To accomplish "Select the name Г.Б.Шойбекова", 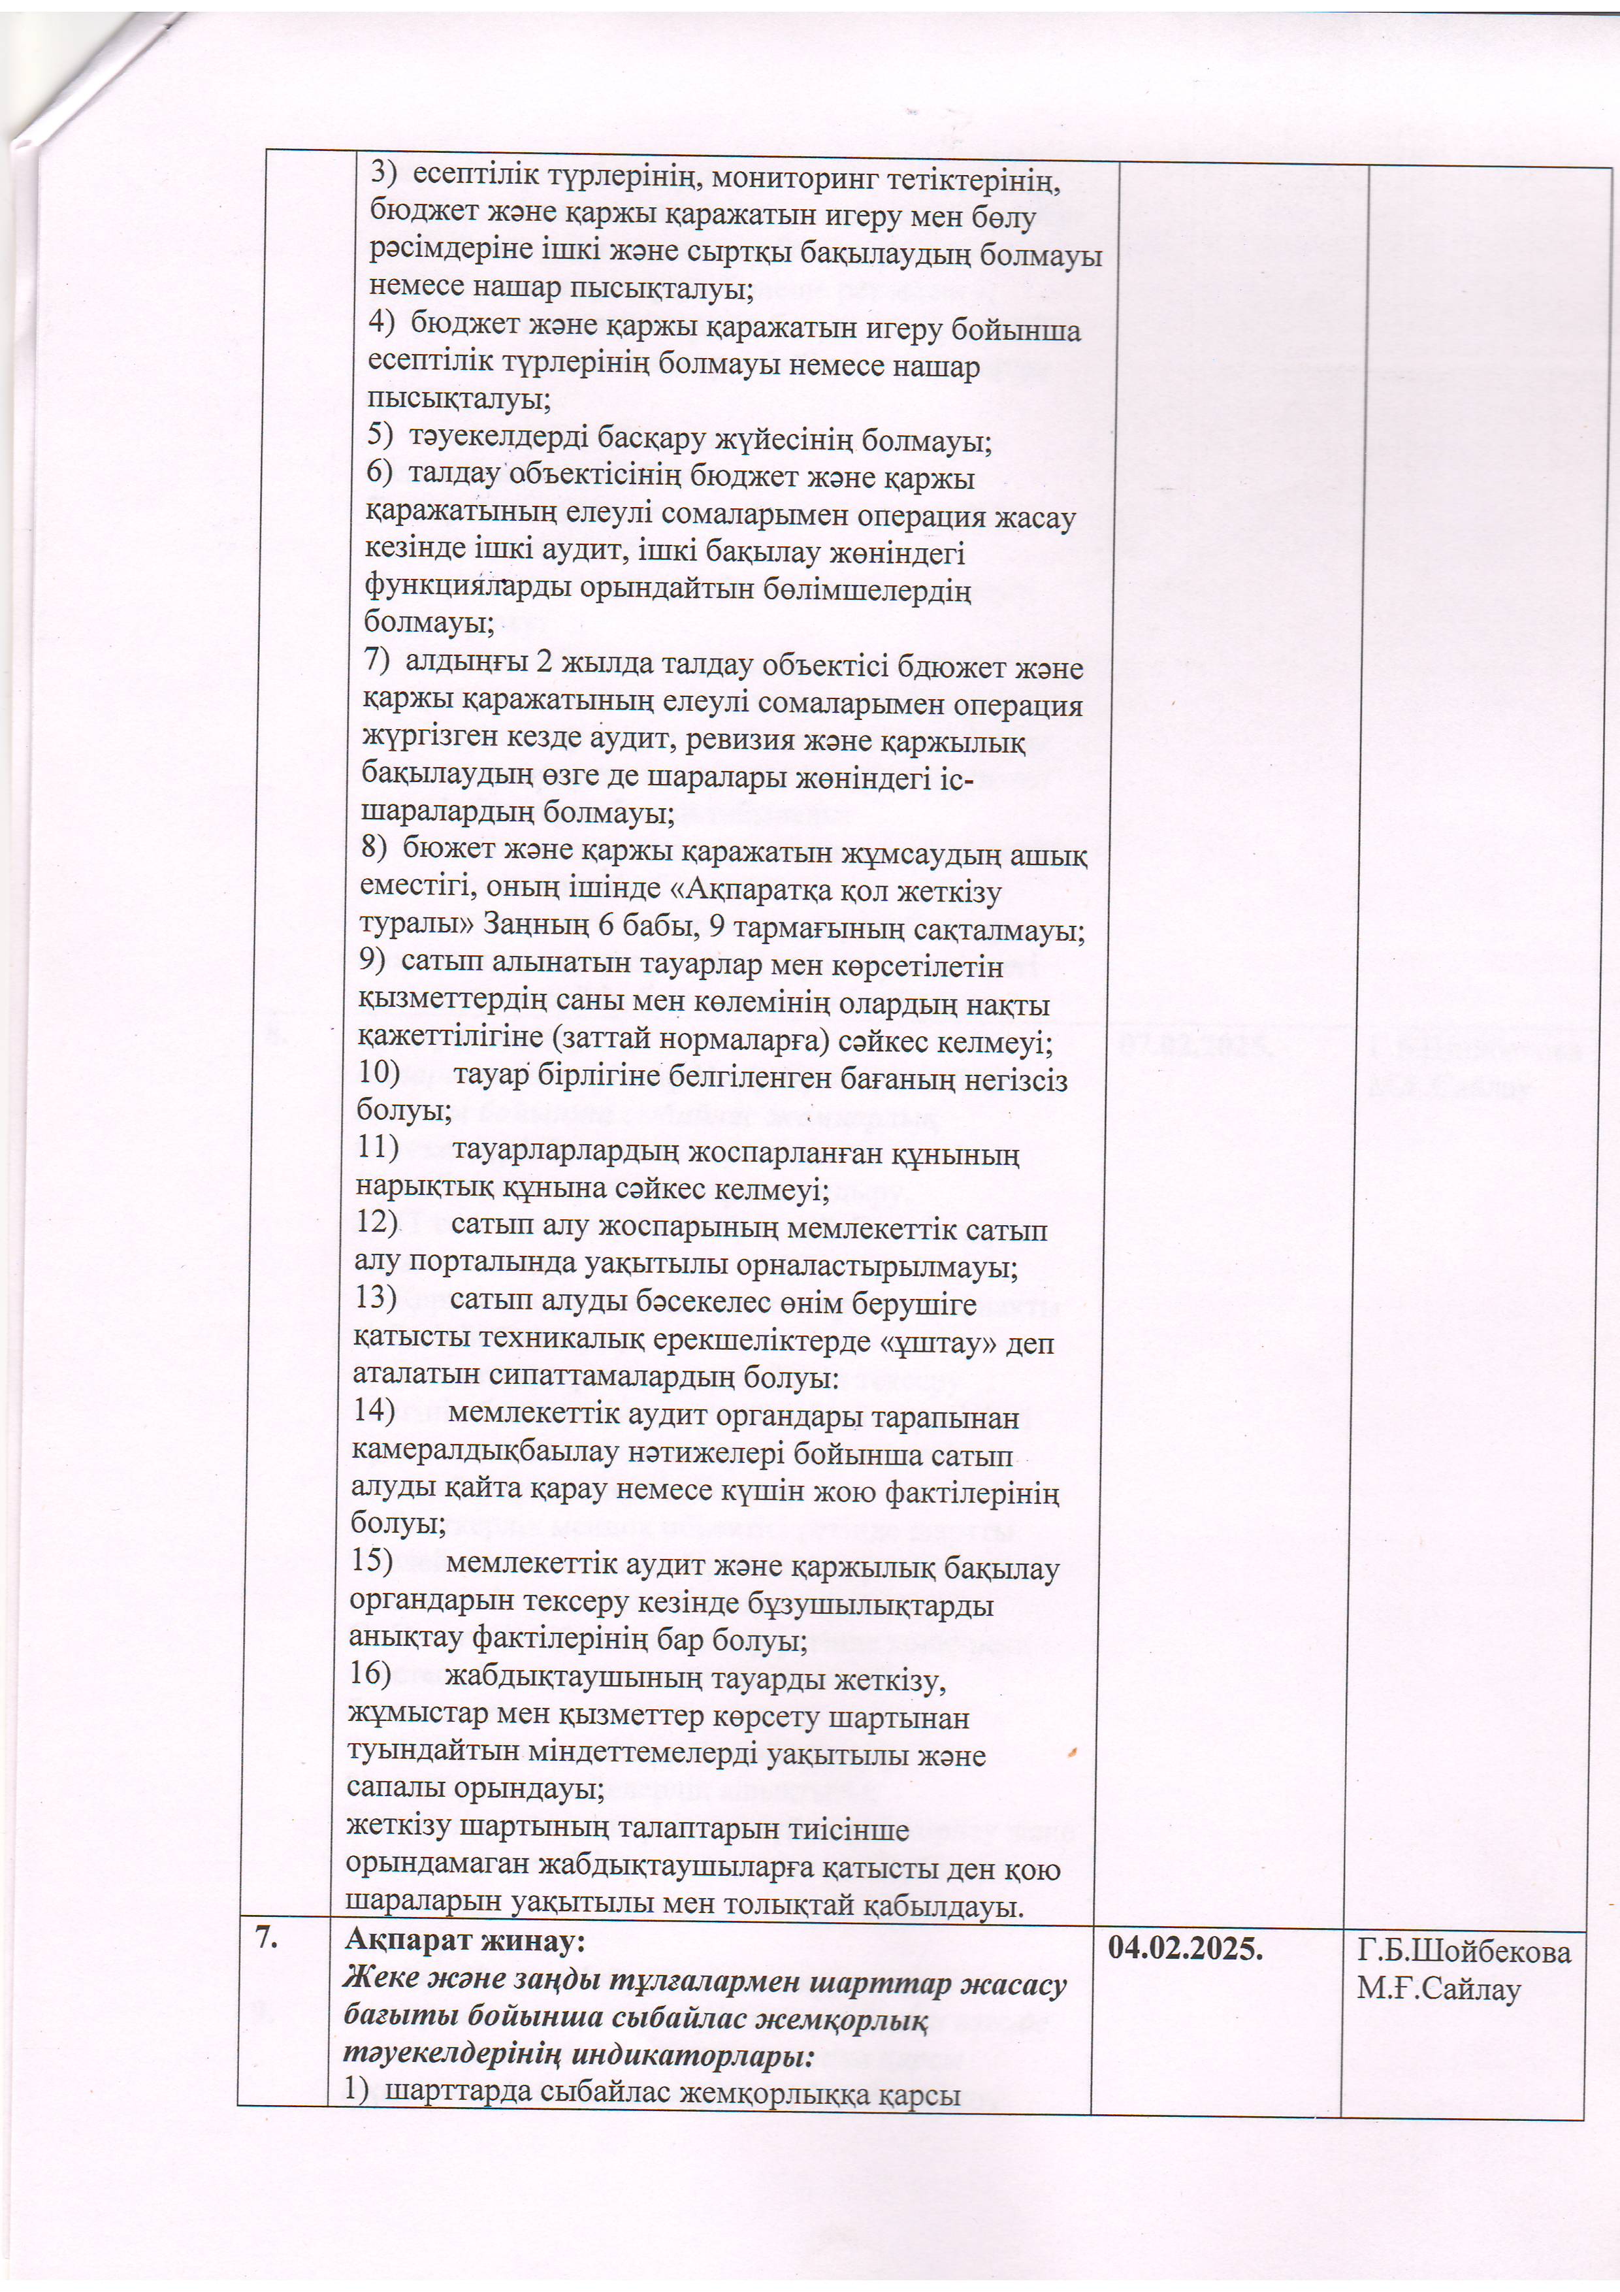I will coord(1463,1952).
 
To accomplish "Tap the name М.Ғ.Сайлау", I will coord(1437,1989).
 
